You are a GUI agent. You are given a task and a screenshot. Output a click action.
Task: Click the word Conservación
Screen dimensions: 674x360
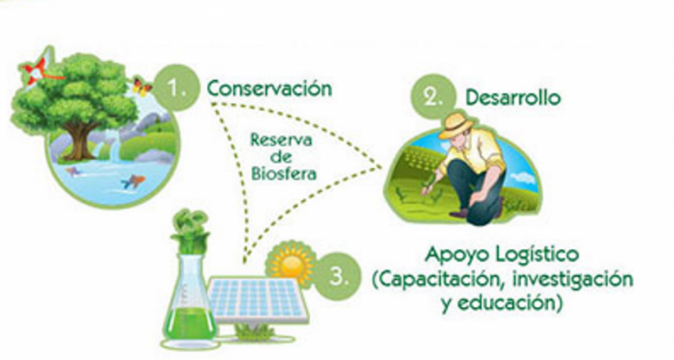270,89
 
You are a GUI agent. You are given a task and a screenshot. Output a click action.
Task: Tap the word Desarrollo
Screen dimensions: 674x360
513,98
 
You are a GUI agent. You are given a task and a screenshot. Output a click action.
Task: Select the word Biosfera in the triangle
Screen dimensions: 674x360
284,174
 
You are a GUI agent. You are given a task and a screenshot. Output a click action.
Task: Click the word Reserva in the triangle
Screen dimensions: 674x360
281,140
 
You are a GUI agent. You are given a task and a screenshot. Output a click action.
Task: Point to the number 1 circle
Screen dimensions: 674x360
176,88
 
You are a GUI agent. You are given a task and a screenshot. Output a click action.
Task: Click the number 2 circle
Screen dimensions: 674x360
433,98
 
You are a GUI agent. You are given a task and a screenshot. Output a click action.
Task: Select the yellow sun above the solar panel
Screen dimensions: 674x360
291,262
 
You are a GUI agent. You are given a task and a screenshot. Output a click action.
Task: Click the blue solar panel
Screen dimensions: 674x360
258,300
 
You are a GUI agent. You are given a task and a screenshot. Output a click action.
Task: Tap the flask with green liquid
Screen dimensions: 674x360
190,301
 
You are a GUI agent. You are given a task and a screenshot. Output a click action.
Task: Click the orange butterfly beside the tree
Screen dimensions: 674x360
141,86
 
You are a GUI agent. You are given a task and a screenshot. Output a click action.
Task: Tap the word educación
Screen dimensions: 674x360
509,302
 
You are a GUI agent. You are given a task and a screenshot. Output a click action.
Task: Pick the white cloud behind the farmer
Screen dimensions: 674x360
522,177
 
